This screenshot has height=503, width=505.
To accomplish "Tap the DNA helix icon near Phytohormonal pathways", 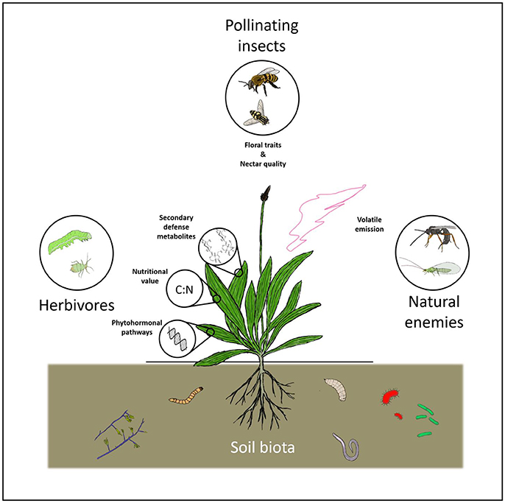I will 177,336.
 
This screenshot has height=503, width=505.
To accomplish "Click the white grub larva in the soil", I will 336,387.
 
